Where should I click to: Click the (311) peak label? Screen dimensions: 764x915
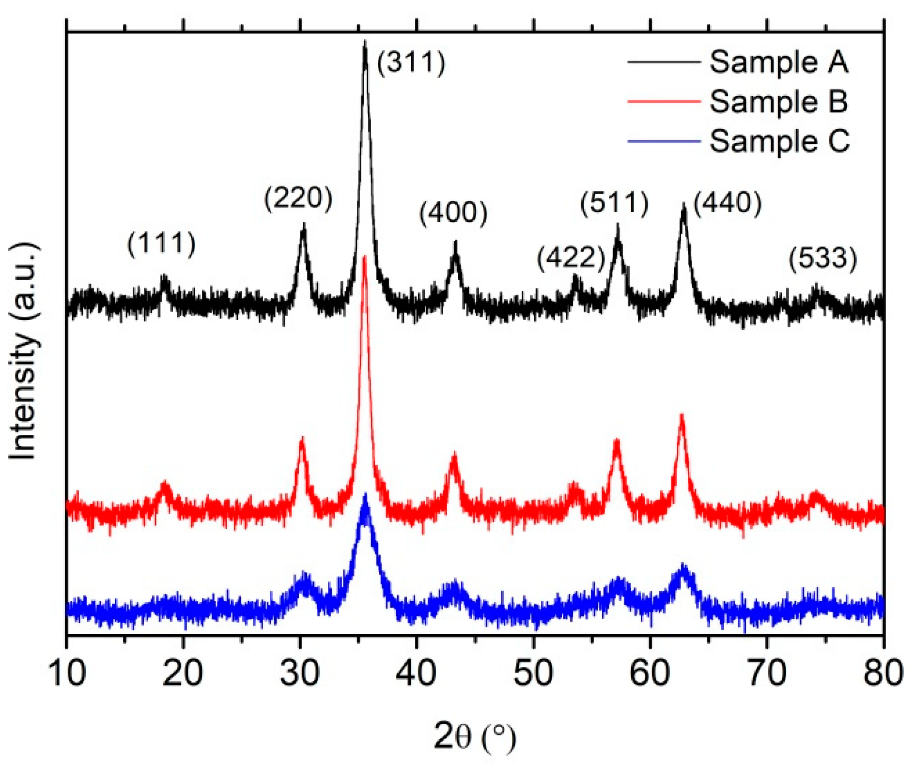tap(411, 63)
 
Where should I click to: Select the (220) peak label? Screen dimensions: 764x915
tap(298, 199)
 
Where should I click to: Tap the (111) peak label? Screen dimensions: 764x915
tap(161, 243)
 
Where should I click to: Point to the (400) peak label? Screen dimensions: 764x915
tap(453, 213)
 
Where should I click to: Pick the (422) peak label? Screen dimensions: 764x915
tap(571, 258)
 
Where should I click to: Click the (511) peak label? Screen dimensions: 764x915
tap(614, 203)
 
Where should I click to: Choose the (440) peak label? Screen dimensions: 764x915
tap(728, 203)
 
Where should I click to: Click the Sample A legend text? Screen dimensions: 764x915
tap(778, 62)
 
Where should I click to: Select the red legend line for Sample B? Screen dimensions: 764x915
tap(664, 102)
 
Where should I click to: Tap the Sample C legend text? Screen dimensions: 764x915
tap(779, 141)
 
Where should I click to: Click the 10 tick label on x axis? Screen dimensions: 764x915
tap(67, 673)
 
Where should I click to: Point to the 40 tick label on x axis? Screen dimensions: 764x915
tap(416, 673)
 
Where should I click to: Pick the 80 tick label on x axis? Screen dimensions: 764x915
tap(883, 673)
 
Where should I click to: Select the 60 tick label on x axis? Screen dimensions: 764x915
tap(649, 673)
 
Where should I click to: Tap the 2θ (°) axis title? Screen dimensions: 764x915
tap(475, 736)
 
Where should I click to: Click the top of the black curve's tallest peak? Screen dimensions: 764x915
tap(365, 43)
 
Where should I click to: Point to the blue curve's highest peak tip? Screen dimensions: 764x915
tap(365, 495)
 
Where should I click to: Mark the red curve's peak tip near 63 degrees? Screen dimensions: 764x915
tap(682, 415)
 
